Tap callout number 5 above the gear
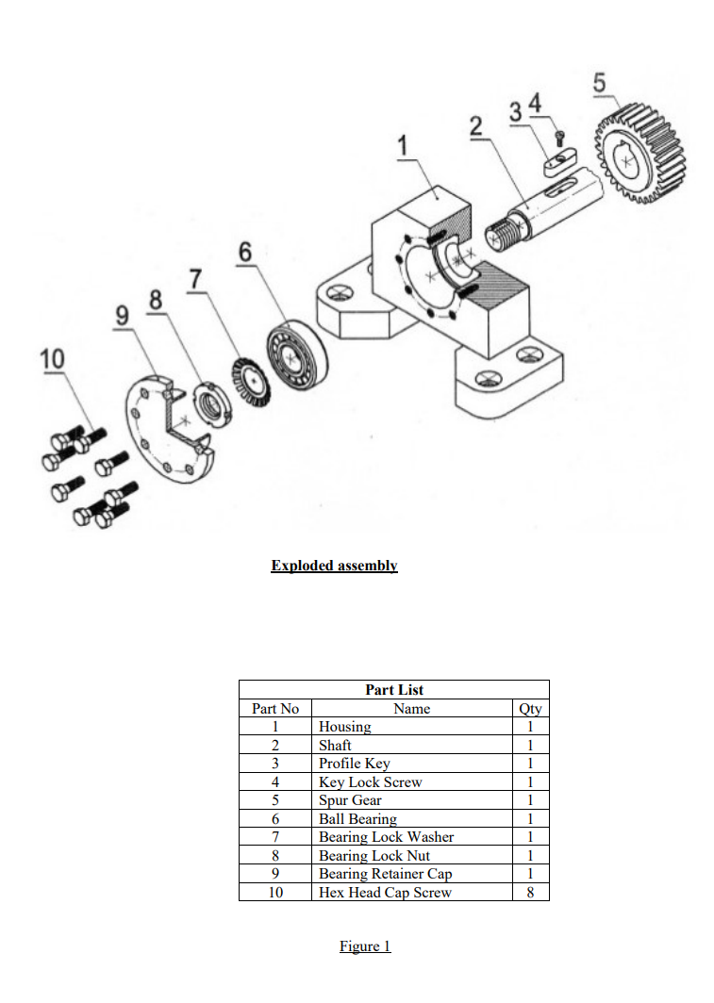point(600,82)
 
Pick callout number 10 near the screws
point(52,359)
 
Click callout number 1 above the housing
point(405,146)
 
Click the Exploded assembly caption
point(334,566)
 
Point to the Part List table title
point(393,690)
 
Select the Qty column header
point(530,709)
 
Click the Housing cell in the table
point(345,727)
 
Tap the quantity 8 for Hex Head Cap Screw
point(530,892)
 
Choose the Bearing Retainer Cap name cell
point(385,874)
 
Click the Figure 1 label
point(365,946)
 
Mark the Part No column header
point(275,709)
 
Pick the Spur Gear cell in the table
point(350,800)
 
